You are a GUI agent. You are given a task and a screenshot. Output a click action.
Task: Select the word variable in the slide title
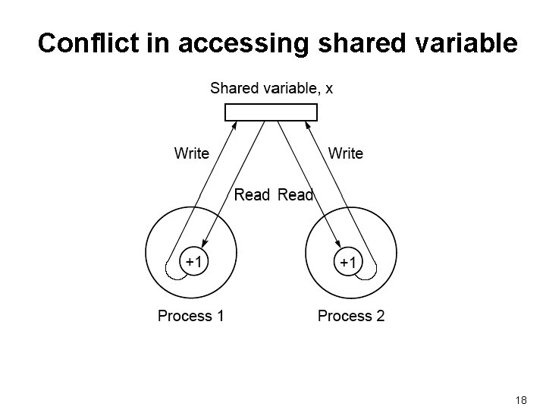(467, 43)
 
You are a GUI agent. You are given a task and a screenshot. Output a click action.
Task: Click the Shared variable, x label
(271, 88)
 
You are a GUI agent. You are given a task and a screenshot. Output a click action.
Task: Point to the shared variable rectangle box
(271, 112)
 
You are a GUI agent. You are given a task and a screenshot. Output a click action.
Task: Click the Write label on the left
(192, 153)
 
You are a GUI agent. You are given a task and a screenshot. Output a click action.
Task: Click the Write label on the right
(346, 153)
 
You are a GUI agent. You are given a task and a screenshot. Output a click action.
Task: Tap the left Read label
(252, 195)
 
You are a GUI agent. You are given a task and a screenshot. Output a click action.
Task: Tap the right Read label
(296, 195)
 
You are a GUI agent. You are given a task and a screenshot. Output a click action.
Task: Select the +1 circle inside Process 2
(347, 262)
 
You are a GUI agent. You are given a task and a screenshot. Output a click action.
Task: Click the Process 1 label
(190, 315)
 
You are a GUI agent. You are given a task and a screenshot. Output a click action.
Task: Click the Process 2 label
(351, 315)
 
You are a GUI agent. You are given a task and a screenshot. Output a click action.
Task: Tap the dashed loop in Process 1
(174, 270)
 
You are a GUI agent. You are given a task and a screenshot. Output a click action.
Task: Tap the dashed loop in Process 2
(367, 270)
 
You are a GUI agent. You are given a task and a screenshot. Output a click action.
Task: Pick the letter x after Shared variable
(328, 88)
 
